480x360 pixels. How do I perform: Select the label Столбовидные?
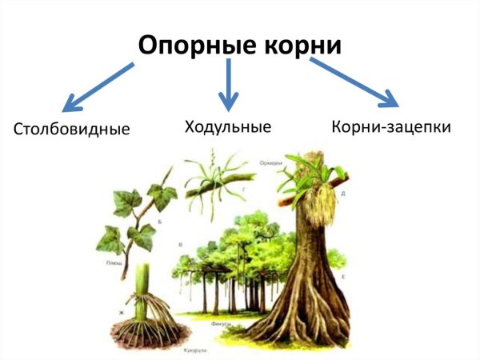click(x=71, y=128)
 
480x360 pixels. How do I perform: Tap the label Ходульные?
click(x=227, y=126)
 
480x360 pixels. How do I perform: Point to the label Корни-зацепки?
click(x=391, y=126)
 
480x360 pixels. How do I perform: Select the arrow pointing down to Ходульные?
click(x=230, y=84)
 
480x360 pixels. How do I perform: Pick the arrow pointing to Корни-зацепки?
click(x=356, y=83)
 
